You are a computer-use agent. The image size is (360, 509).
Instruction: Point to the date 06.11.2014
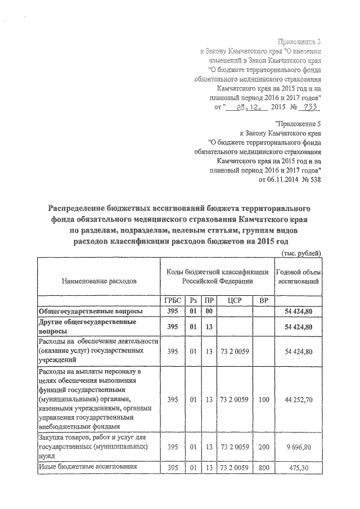coord(278,180)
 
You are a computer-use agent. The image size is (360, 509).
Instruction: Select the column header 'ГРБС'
coord(173,300)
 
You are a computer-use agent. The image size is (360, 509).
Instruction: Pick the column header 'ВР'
coord(262,300)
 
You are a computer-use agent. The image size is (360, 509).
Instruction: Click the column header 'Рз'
coord(193,300)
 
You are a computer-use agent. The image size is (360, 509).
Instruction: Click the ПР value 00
coord(209,311)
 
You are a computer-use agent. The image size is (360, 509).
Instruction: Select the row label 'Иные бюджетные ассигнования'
coord(84,467)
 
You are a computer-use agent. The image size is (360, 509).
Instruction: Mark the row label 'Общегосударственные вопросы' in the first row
coord(90,311)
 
